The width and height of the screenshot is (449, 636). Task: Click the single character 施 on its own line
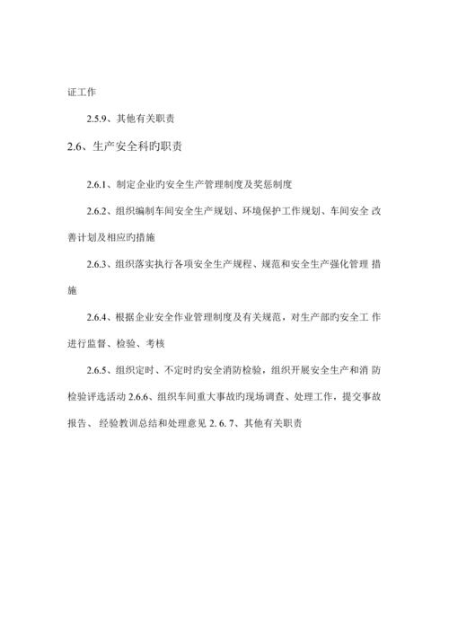point(73,291)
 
